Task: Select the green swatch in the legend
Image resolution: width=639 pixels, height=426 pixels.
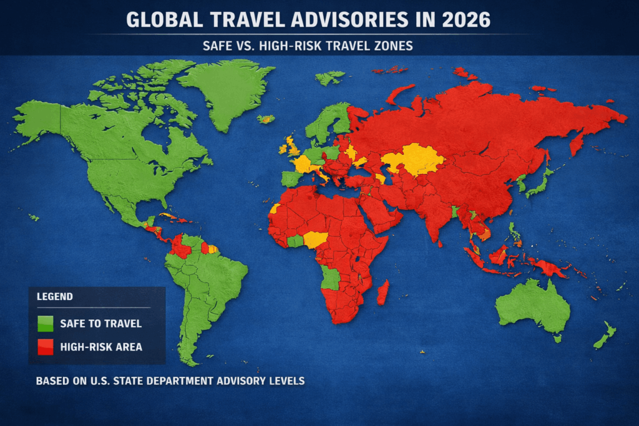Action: (46, 323)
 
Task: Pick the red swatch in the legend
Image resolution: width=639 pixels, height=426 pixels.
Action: (46, 346)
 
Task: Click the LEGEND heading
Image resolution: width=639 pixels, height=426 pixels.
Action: (55, 297)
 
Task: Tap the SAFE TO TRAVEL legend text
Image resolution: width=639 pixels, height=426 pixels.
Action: (100, 324)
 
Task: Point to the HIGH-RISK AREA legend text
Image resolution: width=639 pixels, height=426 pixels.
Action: (101, 346)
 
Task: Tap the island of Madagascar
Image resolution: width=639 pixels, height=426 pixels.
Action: (383, 292)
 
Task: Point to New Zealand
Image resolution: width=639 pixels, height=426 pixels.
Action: (604, 336)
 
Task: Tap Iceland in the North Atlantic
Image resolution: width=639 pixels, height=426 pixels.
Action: (267, 119)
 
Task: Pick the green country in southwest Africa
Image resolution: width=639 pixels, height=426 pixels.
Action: (331, 278)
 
